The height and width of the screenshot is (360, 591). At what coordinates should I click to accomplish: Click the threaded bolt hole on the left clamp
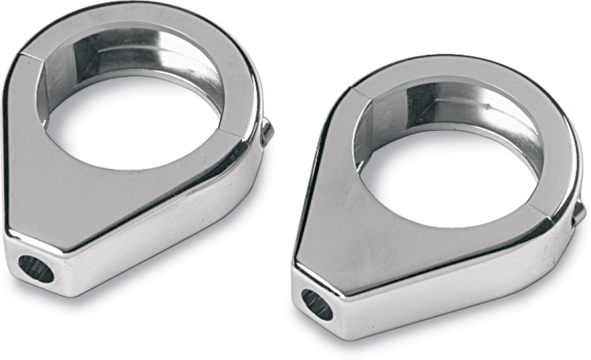[36, 268]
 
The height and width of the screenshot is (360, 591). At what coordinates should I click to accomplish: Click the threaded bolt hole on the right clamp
[317, 305]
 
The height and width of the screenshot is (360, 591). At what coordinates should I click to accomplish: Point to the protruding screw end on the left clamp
[267, 132]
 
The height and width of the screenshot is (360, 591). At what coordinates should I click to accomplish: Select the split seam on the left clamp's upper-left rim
[34, 62]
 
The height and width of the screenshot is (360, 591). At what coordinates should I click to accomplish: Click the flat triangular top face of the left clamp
[75, 187]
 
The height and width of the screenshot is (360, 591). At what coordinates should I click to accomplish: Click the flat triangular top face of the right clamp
[348, 230]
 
